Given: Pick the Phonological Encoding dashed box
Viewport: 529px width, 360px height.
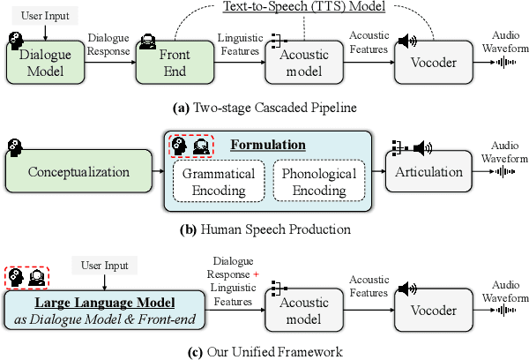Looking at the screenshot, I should [318, 181].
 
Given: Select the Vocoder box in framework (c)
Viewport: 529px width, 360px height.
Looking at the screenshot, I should [429, 311].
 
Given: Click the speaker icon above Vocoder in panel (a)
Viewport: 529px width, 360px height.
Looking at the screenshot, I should [406, 41].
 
